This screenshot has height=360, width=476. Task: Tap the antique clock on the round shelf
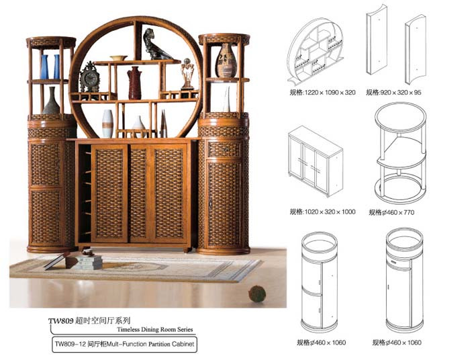coord(89,77)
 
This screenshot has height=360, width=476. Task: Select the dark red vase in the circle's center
coord(134,83)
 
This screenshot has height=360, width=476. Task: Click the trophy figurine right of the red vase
coord(187,74)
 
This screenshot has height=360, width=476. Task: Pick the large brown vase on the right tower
coord(226,60)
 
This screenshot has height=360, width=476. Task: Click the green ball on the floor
coord(257,294)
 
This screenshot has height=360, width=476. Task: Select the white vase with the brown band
coord(107,124)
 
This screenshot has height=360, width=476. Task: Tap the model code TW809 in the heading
coord(60,320)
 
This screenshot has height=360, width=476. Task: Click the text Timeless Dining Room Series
coord(155,329)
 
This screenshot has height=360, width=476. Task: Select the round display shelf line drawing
coord(316,51)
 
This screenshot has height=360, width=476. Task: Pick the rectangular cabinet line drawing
coord(316,161)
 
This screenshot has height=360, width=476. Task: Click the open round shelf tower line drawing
coord(400,153)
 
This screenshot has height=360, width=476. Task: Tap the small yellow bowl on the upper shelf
coord(118,58)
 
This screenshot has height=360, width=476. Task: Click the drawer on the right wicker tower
coord(224,150)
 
